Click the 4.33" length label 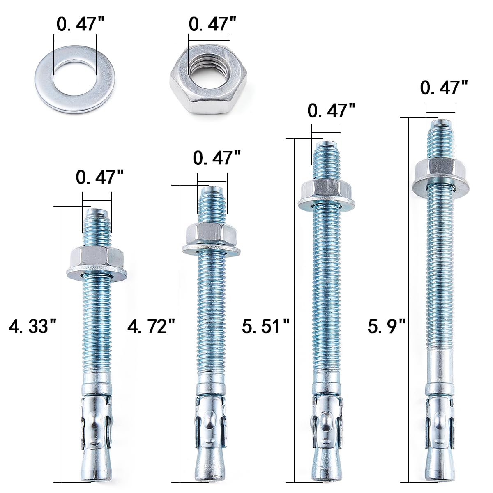click(32, 326)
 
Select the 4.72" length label click(151, 326)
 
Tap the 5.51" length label click(266, 326)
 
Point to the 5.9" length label click(387, 326)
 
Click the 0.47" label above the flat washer click(81, 24)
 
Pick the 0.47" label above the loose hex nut click(212, 24)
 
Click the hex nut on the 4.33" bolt click(97, 258)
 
